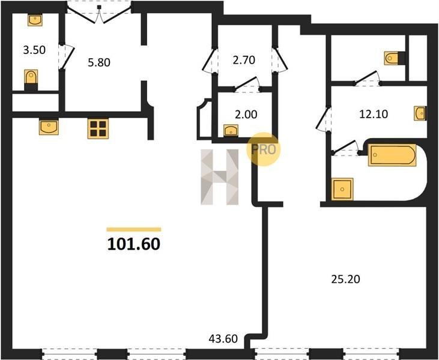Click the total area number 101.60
133,244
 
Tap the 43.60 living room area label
223,339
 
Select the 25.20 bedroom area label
345,279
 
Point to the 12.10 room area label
374,114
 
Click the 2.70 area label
244,60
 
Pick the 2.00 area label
246,115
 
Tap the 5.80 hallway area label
99,62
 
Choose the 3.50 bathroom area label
34,50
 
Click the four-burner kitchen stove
98,128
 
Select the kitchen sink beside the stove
49,127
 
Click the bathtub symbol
392,155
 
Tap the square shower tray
342,189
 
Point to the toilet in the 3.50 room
31,80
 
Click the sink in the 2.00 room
231,130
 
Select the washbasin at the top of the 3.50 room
35,20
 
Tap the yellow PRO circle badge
263,149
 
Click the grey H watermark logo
220,177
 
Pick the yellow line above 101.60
134,230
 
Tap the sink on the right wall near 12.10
420,113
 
